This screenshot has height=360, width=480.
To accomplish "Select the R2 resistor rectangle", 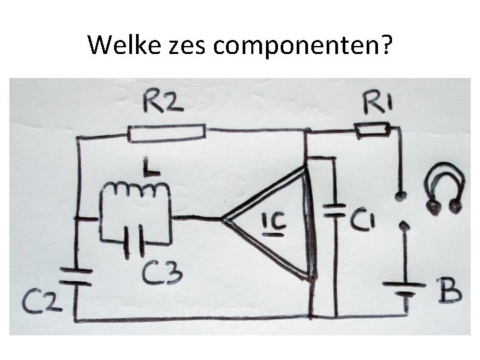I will (x=166, y=133).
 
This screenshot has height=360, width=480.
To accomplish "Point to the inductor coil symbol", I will (x=137, y=191).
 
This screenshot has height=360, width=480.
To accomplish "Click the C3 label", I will (x=162, y=273).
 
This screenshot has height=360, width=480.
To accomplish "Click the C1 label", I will (x=363, y=217).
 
